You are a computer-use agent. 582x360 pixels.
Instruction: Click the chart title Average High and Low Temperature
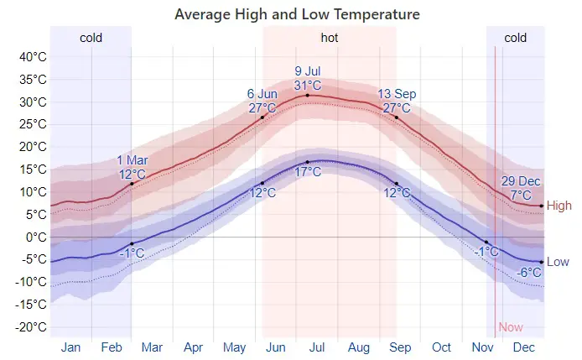click(x=297, y=14)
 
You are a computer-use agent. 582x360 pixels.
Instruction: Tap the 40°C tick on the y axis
click(x=32, y=57)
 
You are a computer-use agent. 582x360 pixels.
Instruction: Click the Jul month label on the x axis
click(x=317, y=347)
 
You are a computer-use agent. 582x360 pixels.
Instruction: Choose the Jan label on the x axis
click(x=70, y=347)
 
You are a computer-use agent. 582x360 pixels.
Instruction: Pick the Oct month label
click(x=441, y=347)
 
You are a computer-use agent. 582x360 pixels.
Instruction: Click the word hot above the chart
click(x=330, y=38)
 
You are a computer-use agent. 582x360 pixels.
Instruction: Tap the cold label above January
click(x=91, y=38)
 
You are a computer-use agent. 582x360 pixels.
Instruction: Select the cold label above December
click(x=515, y=38)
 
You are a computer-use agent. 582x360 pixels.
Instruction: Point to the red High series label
click(x=559, y=206)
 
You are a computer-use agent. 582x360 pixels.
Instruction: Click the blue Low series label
click(x=559, y=262)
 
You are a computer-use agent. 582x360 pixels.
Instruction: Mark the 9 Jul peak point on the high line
click(x=308, y=95)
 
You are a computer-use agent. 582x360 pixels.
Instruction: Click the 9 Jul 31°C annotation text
click(x=308, y=78)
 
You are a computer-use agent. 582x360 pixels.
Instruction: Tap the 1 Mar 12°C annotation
click(x=132, y=167)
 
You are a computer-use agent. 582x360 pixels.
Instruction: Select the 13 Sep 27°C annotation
click(x=396, y=101)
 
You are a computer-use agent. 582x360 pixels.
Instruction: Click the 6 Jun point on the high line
click(x=262, y=117)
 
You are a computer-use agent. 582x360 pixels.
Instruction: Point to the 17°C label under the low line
click(x=308, y=172)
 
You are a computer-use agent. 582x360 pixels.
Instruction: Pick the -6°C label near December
click(x=529, y=273)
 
